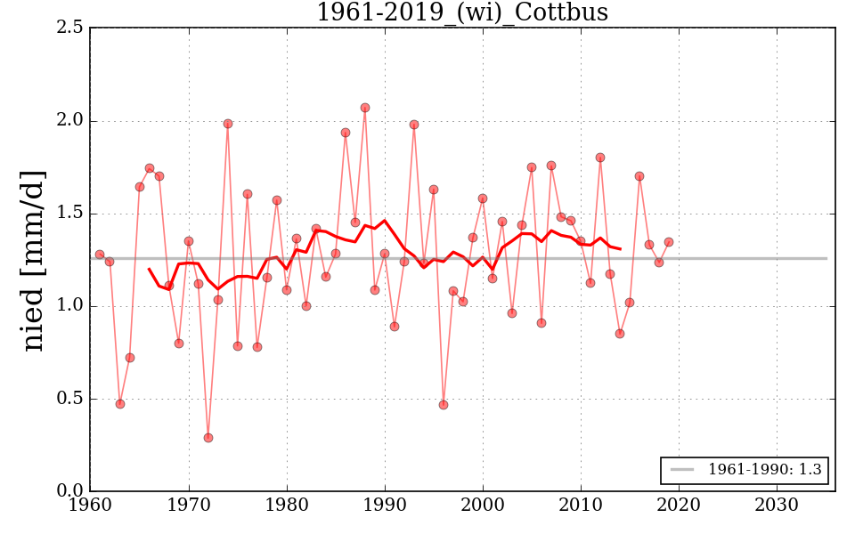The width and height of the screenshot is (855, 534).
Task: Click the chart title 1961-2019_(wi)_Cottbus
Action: (x=462, y=12)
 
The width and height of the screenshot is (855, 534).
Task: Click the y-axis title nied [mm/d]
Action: (x=34, y=260)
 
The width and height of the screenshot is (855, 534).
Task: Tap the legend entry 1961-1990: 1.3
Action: (x=746, y=470)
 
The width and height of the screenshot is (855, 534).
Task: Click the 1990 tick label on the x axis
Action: (x=385, y=506)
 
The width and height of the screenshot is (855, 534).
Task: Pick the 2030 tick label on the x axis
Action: (x=777, y=506)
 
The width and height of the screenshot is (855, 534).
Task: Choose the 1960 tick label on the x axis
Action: (x=90, y=506)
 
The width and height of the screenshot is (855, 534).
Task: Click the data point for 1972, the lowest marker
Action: (x=208, y=438)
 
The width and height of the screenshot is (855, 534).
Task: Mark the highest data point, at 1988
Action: (x=365, y=108)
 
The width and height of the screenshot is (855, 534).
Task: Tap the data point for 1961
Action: (x=100, y=255)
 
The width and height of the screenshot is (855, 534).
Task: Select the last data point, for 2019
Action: (x=669, y=242)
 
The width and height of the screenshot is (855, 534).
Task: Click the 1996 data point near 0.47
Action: (x=444, y=405)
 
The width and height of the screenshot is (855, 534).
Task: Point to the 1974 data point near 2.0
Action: (x=228, y=124)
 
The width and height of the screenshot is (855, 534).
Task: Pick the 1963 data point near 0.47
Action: (x=120, y=404)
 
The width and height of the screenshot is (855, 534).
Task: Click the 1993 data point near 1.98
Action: (x=414, y=125)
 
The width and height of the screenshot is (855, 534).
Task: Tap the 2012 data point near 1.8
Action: (x=600, y=158)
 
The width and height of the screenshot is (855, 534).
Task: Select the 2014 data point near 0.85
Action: (x=620, y=334)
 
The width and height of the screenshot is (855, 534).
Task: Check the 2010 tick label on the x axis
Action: (x=581, y=506)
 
